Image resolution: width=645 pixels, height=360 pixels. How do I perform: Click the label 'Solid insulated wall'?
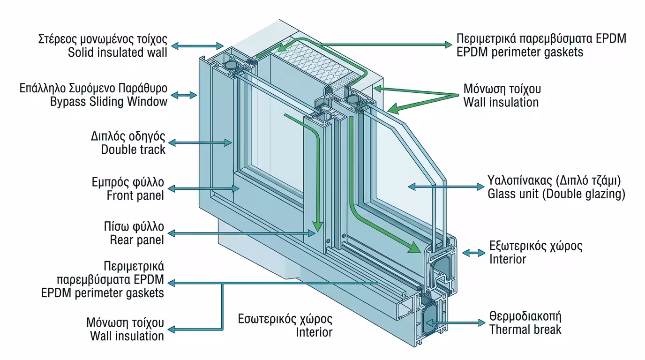click(117, 52)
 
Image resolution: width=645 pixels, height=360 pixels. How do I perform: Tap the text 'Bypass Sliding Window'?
click(109, 102)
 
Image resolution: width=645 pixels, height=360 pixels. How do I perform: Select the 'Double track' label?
click(133, 150)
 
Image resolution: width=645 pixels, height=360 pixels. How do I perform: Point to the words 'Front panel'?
click(135, 195)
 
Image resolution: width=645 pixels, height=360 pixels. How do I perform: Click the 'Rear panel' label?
click(137, 240)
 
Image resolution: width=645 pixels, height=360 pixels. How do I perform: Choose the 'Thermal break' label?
click(525, 330)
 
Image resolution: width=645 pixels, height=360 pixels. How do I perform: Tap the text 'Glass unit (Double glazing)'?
click(556, 194)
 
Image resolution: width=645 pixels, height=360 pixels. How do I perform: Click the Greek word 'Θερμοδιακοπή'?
click(525, 315)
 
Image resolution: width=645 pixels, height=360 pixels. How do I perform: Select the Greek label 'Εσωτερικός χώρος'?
click(285, 319)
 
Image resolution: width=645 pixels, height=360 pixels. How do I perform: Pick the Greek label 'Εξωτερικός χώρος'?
click(536, 245)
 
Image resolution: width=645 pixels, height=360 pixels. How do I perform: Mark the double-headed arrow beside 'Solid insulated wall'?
click(197, 45)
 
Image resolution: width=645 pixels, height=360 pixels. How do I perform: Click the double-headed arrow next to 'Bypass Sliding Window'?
click(185, 95)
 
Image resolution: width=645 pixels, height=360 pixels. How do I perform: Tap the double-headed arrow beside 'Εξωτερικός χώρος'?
click(473, 253)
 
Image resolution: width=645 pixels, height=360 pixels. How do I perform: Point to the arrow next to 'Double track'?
click(200, 142)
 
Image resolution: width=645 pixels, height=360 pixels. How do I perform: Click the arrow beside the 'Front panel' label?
click(204, 188)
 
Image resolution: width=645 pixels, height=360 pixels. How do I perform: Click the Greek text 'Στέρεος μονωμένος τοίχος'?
click(102, 38)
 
